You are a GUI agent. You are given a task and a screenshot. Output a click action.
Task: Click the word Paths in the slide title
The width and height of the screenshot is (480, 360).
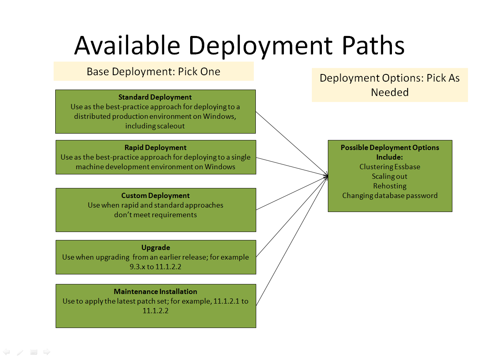point(373,45)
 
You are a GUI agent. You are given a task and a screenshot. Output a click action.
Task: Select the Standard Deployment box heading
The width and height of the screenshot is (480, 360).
point(155,97)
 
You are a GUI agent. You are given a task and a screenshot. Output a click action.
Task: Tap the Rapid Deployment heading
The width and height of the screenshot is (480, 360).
point(155,148)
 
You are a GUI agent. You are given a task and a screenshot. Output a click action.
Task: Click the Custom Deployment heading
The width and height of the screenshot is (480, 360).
point(155,196)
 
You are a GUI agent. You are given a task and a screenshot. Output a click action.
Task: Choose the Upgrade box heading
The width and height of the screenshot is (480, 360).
point(155,248)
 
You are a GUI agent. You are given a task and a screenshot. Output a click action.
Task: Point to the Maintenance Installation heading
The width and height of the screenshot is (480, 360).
point(155,292)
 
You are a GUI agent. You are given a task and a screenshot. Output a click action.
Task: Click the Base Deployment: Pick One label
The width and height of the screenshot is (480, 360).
point(153,72)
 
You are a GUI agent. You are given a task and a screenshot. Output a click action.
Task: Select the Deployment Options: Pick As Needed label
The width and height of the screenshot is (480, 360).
point(390,85)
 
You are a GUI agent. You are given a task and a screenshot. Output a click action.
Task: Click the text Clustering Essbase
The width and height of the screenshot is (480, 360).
point(390,167)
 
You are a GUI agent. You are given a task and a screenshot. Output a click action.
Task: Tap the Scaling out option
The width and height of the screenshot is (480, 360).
point(390,176)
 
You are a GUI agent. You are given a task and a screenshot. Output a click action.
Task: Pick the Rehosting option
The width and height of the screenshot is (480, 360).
point(390,186)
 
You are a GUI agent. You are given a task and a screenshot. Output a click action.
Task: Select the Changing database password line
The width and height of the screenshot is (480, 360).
point(390,196)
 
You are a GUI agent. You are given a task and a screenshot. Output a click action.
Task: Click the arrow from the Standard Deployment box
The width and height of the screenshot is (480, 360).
point(292,144)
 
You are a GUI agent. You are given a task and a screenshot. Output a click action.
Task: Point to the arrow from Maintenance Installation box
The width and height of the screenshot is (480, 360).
point(292,240)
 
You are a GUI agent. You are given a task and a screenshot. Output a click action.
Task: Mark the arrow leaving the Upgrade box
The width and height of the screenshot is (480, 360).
point(292,216)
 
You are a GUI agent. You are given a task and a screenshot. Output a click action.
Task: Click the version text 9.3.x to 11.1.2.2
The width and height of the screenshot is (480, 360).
point(155,267)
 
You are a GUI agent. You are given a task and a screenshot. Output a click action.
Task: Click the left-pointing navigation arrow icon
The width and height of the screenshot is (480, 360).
point(6,352)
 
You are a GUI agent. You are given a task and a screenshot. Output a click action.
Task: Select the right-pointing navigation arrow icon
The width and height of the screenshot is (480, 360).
point(47,352)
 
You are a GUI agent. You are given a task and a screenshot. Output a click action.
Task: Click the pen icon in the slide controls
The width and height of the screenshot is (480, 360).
point(20,352)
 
